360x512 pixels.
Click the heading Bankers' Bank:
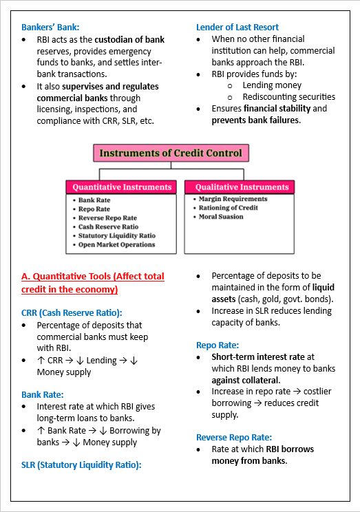[50, 28]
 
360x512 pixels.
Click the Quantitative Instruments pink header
[122, 187]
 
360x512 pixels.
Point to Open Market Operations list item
[116, 244]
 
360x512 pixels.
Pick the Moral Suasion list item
[221, 217]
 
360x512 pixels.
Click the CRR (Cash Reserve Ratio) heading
[72, 312]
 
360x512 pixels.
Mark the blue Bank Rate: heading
[43, 394]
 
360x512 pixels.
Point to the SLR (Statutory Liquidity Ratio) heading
[81, 465]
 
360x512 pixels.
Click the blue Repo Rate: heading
[218, 345]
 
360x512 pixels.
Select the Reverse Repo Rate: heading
[234, 437]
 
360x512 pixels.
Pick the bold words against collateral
[246, 380]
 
